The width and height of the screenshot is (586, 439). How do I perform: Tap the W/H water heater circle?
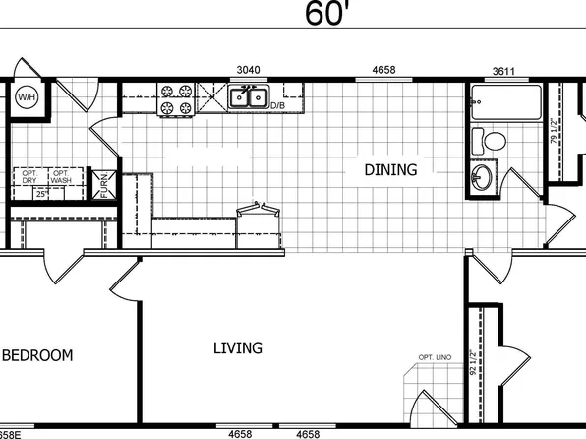[x=26, y=97]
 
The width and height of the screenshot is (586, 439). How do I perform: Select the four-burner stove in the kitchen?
[x=175, y=99]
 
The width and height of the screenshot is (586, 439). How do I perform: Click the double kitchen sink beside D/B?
[x=248, y=96]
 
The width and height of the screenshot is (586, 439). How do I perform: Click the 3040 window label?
[x=248, y=71]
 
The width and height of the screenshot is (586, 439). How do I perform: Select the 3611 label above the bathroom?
[x=505, y=71]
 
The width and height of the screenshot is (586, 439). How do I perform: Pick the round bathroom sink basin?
[x=482, y=178]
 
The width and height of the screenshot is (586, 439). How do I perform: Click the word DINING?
[x=390, y=170]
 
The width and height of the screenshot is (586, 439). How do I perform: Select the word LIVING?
[x=238, y=347]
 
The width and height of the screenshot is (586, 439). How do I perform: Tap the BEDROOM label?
[x=37, y=355]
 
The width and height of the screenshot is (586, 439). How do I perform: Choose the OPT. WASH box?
[x=60, y=178]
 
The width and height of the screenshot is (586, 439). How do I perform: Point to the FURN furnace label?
[x=103, y=185]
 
